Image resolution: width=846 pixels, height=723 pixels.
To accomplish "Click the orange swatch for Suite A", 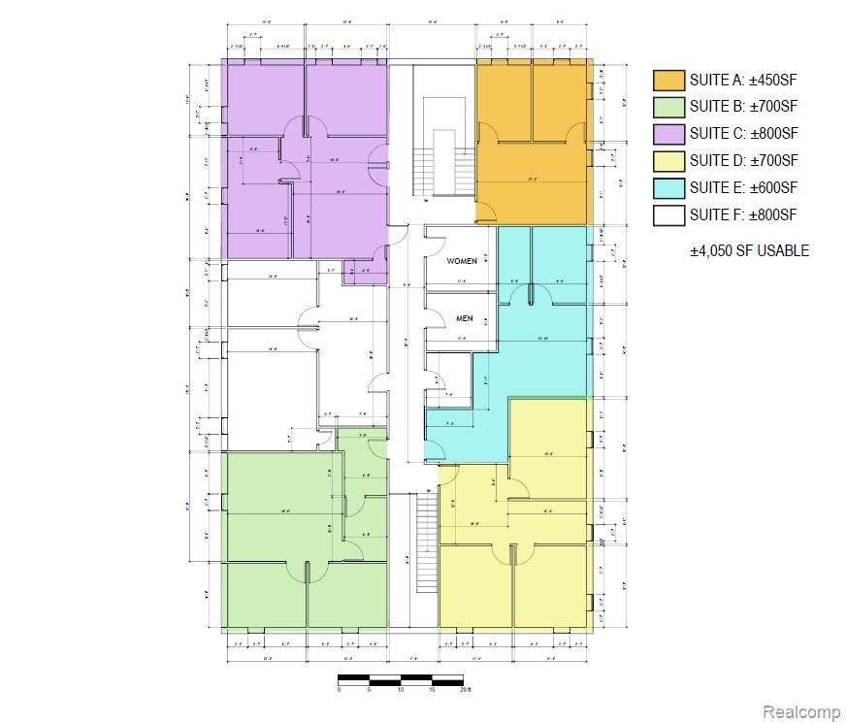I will tap(668, 80).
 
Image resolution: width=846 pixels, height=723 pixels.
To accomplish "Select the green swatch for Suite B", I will tap(668, 107).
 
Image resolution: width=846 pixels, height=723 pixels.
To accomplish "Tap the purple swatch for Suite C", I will tap(668, 134).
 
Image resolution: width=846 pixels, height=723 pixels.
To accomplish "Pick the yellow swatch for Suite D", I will tap(668, 161).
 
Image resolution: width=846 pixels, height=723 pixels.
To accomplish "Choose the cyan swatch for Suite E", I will tap(668, 188).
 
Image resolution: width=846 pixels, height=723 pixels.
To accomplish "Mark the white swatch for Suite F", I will tap(668, 215).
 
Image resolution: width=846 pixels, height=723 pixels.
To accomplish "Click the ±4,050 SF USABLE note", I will tap(749, 250).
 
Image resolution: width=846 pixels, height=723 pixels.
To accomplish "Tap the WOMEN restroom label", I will tap(462, 262).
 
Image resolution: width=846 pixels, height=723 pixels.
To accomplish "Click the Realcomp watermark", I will tap(801, 711).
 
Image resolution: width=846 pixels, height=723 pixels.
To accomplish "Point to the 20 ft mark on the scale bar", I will tap(467, 690).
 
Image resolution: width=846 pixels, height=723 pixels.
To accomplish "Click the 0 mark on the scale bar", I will tap(340, 690).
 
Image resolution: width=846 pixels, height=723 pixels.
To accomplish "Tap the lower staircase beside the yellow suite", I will tap(425, 543).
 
